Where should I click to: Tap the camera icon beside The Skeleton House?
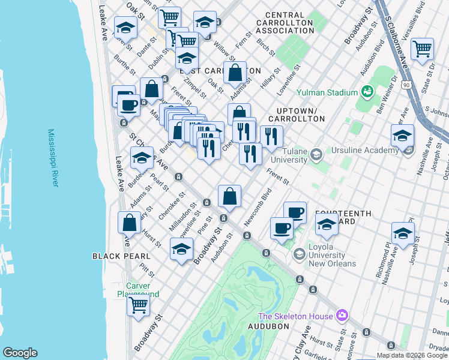point(342,315)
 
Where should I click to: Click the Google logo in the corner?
point(20,353)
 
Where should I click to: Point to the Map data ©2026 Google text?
point(412,355)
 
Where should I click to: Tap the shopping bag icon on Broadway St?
point(229,196)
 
